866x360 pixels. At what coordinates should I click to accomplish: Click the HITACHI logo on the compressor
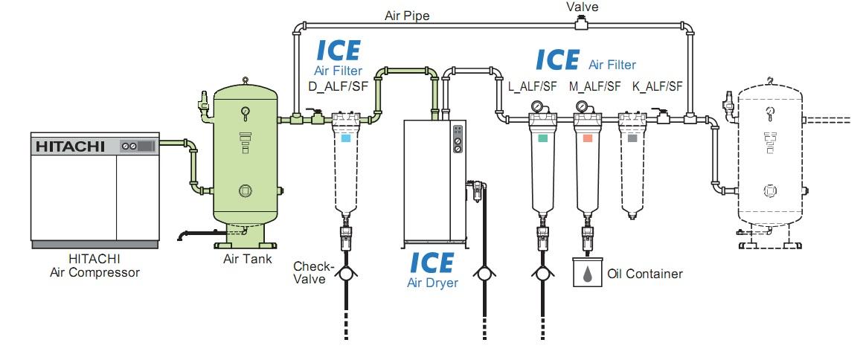70,147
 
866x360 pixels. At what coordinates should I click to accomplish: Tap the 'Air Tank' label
248,258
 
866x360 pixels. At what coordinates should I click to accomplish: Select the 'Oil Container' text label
645,273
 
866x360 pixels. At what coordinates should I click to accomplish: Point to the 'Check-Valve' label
313,273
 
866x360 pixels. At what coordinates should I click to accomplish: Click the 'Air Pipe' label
407,16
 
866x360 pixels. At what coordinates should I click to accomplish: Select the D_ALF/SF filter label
338,87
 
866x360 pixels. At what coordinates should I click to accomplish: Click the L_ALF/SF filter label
533,87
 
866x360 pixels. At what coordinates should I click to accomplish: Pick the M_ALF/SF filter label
595,87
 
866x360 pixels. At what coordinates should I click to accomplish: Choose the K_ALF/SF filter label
657,87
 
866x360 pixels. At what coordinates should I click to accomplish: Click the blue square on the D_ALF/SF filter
346,138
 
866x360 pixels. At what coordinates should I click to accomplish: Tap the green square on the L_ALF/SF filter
543,138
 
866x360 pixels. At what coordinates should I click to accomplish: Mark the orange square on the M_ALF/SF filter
587,138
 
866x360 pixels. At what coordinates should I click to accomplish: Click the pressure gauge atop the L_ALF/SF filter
536,106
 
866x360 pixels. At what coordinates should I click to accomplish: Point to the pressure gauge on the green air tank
245,112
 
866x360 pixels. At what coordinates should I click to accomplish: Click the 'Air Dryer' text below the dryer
432,283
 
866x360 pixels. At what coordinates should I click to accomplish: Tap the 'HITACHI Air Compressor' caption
94,265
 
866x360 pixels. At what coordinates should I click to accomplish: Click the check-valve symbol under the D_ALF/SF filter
346,273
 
